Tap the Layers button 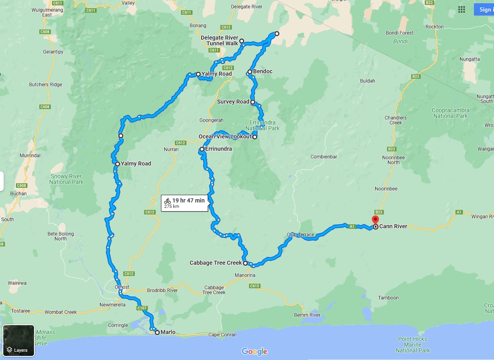point(19,340)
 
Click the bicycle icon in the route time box point(167,201)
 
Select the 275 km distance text point(172,207)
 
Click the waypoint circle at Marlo point(157,333)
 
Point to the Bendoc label point(263,72)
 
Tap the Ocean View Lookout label point(225,137)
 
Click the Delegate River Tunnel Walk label point(219,41)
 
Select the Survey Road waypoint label point(233,102)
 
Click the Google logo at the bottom point(254,351)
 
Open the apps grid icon point(462,9)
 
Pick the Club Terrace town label point(300,235)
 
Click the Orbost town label point(122,287)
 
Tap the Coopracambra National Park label point(450,113)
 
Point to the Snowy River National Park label point(66,179)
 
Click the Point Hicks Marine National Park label point(412,345)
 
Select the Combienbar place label point(324,157)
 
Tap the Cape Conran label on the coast point(222,335)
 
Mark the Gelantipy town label point(53,52)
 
